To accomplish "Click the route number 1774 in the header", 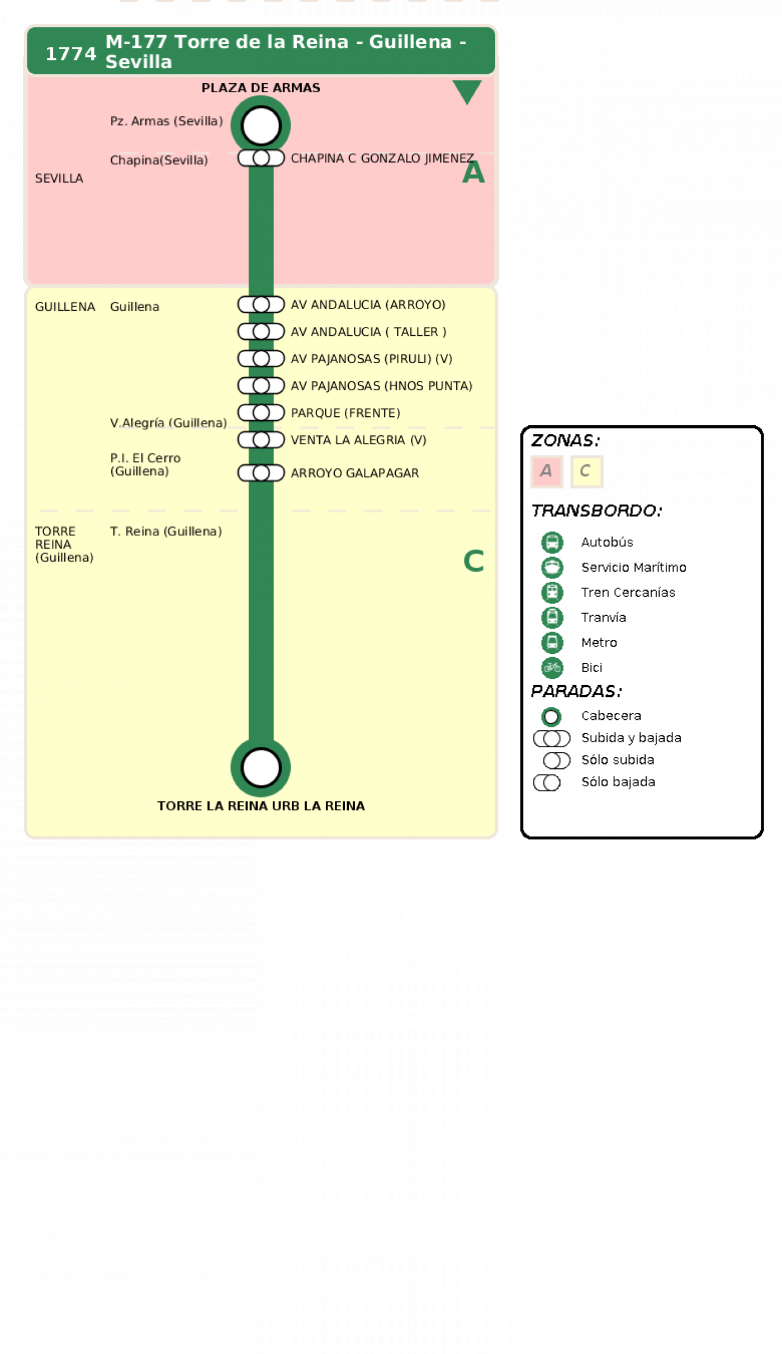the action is (x=70, y=54).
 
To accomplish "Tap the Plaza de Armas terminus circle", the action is (x=260, y=125).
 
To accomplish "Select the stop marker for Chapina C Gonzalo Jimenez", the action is (x=261, y=158).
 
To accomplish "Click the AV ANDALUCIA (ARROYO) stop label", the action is (x=368, y=305).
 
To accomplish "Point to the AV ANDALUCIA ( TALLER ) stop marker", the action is (x=261, y=331).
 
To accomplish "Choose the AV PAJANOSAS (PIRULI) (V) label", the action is (x=371, y=359).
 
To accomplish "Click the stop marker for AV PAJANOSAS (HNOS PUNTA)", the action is (x=261, y=386).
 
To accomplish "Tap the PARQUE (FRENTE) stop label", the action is (x=345, y=413).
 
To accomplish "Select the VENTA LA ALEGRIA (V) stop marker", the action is (x=261, y=440).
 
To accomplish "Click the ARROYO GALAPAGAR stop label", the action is (x=354, y=473).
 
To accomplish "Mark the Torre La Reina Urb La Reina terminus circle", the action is (x=260, y=767).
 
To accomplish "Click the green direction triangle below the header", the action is (x=467, y=91).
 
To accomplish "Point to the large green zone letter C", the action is (x=473, y=560).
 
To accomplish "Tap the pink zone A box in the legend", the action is (x=546, y=471).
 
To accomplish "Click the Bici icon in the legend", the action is (x=552, y=667).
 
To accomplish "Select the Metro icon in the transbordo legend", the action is (x=552, y=642).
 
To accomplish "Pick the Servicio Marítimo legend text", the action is (x=633, y=567).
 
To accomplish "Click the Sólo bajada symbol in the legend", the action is (x=547, y=782).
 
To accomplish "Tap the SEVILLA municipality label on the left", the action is (x=59, y=178).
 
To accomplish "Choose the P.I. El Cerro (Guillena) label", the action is (x=145, y=464).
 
